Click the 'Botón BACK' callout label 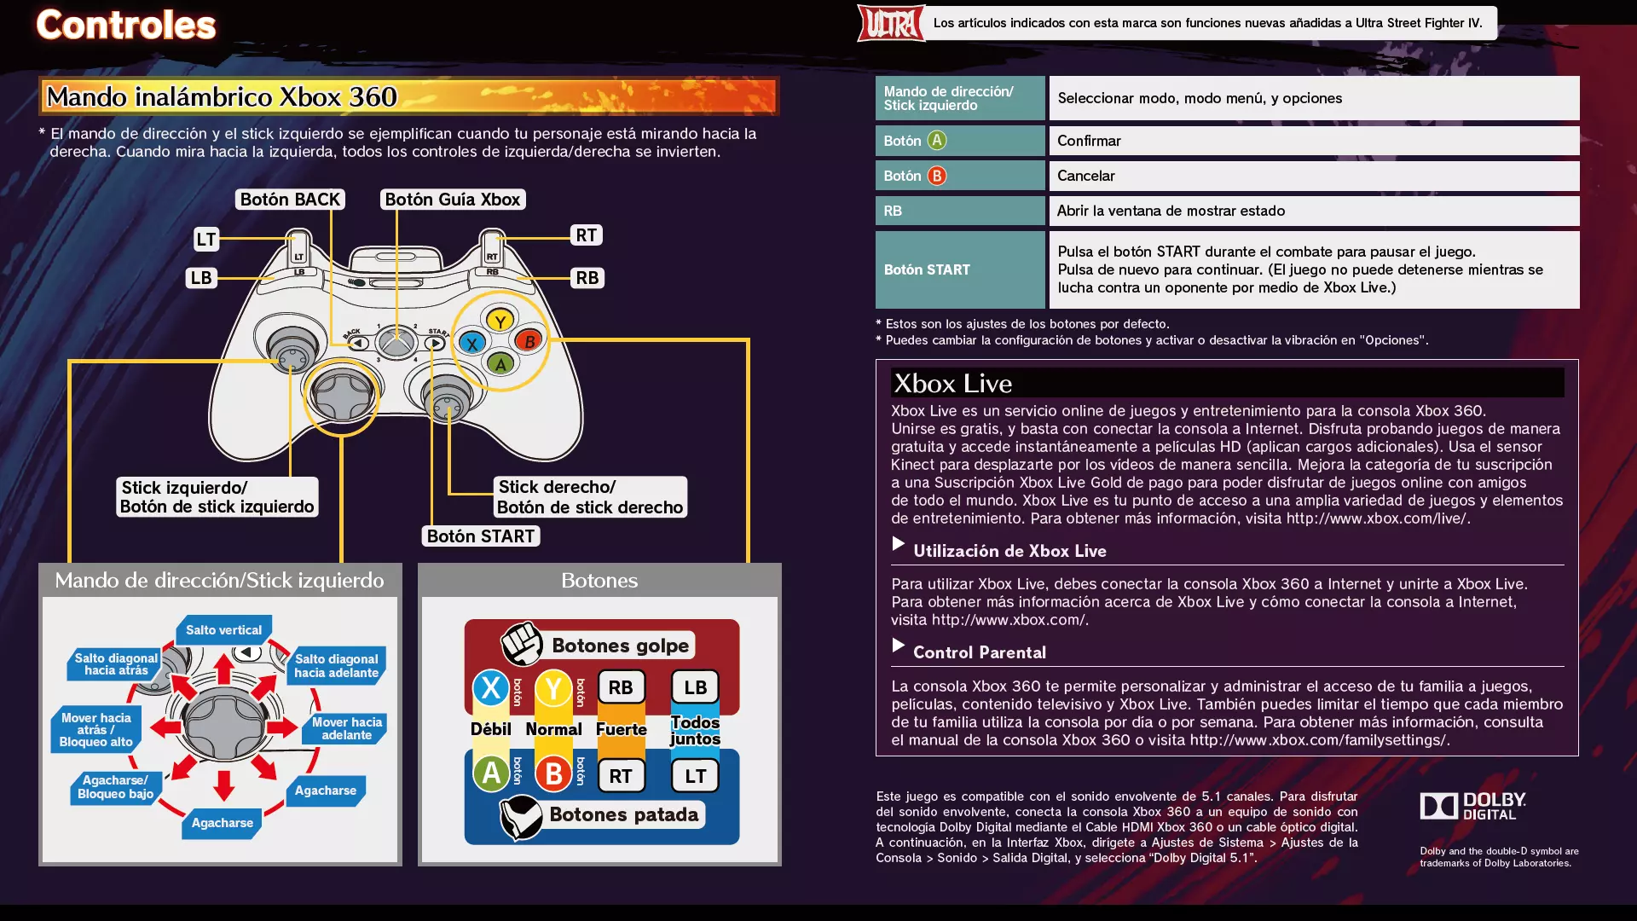[290, 200]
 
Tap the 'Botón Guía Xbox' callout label [453, 200]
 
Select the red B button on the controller [529, 341]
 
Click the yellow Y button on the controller [500, 321]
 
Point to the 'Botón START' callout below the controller [481, 536]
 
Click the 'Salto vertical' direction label [224, 630]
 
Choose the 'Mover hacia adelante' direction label [346, 728]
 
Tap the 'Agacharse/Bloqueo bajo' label [115, 787]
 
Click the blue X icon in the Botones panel [491, 687]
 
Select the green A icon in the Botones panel [491, 773]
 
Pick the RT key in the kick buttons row [621, 776]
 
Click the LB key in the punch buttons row [695, 687]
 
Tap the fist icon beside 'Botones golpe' [522, 643]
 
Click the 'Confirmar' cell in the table [1314, 141]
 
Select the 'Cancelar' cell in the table [1314, 176]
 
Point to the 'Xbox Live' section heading [953, 384]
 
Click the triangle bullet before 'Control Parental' [898, 646]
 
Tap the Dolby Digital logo [1472, 806]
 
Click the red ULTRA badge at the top [891, 23]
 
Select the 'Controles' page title [126, 25]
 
